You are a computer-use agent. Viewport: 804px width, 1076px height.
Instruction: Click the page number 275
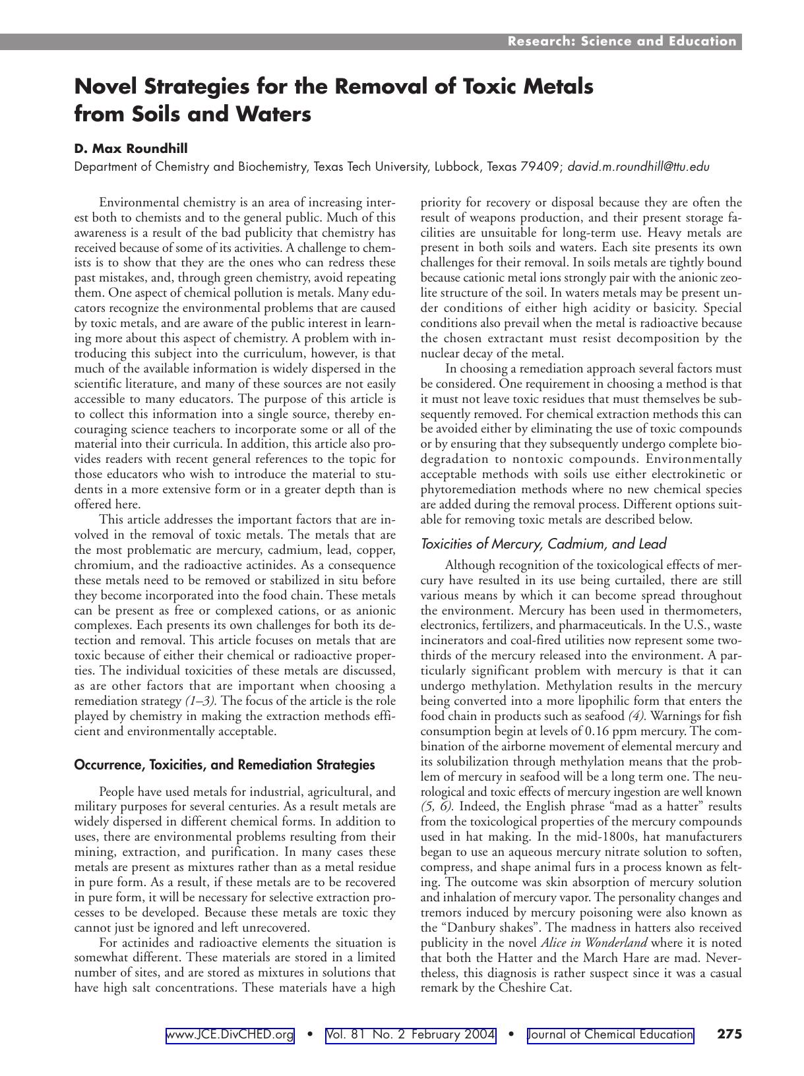pos(729,1034)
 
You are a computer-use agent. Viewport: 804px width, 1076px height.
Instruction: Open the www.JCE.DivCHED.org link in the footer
pos(230,1035)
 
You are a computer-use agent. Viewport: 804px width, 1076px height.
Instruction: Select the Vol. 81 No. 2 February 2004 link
pos(410,1035)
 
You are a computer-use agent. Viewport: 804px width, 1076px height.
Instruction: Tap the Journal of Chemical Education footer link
pos(611,1035)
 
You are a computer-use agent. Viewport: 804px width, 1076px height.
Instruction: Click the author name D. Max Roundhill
pos(131,148)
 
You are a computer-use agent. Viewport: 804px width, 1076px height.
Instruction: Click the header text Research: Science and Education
pos(621,42)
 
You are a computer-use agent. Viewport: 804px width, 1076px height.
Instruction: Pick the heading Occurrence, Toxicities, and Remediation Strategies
pos(224,765)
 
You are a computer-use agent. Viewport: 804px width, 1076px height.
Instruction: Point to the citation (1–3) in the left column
pos(201,701)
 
